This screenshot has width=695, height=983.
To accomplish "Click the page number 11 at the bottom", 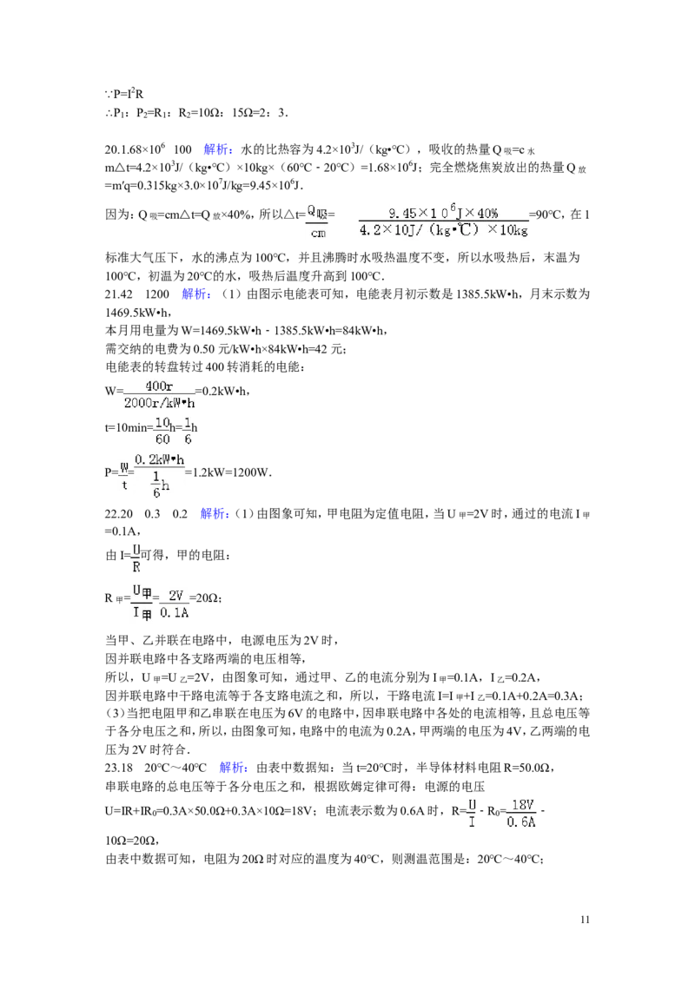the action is tap(585, 920).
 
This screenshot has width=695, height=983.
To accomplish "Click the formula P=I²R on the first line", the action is tap(129, 94).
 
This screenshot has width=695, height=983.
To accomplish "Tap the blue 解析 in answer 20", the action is tap(218, 149).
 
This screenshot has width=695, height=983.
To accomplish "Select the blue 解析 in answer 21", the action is tap(196, 294).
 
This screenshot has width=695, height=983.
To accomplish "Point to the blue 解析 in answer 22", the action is tap(215, 514).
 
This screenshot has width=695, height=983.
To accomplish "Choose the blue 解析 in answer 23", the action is tap(234, 768).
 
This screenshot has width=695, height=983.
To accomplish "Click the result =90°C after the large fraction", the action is tap(545, 215).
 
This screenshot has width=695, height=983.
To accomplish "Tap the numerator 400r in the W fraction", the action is tap(159, 386).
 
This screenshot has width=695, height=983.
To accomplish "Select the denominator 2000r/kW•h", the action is tap(159, 403).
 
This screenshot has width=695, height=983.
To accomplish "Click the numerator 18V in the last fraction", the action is tap(522, 804).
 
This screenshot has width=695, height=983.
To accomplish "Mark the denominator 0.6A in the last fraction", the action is tap(521, 821).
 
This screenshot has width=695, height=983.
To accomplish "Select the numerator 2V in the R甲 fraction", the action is tap(175, 596).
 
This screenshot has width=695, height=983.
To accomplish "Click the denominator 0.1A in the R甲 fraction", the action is tap(175, 613).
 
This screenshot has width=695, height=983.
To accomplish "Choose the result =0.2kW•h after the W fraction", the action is tap(223, 392).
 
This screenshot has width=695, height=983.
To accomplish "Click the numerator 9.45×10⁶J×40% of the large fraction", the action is tap(443, 213).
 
